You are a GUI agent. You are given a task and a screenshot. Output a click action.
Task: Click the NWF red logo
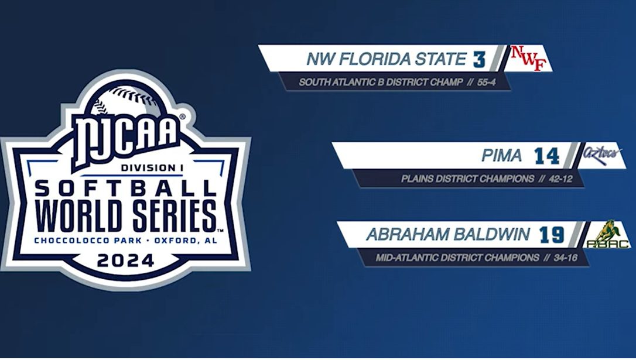coord(528,59)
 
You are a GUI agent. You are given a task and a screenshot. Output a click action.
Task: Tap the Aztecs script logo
coord(603,155)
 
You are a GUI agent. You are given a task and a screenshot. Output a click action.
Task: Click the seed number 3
coord(479,59)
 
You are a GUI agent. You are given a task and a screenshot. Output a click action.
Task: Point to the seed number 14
coord(547,156)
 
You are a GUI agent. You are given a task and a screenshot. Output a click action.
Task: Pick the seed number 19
coord(552,235)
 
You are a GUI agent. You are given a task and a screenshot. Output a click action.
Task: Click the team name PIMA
coord(502,156)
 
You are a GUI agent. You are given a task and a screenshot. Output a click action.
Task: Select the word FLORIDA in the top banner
coord(370,59)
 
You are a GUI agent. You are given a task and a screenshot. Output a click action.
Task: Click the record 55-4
coord(486,83)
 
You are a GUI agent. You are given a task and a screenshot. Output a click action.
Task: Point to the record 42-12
coord(560,179)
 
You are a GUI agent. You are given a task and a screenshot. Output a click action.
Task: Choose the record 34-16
coord(566,258)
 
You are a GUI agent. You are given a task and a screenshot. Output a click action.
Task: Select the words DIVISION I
coord(150,168)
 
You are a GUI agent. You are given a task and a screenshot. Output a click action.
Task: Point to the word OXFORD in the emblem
coord(175,241)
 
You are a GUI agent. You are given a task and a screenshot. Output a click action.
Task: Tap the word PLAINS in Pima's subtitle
coord(417,179)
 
